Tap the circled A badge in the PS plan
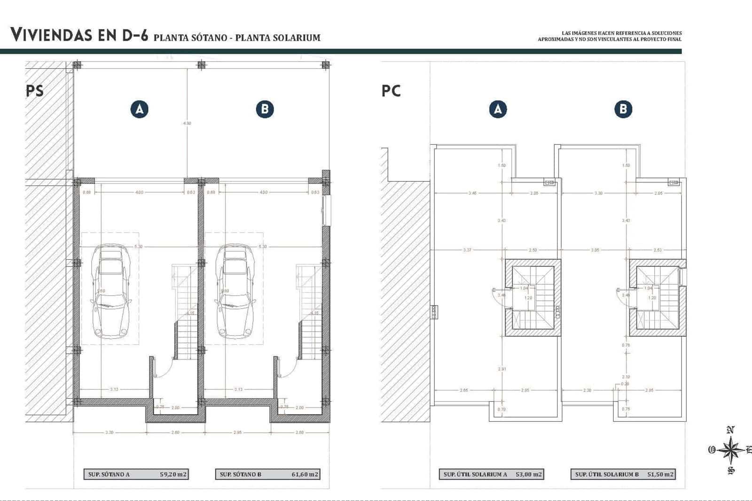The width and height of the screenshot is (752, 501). pos(139,110)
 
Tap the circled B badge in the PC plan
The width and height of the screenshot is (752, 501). pos(623,110)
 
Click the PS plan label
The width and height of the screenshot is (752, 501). pos(35,90)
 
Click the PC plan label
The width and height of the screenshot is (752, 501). pos(391,90)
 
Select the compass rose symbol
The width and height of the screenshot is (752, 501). pos(730,450)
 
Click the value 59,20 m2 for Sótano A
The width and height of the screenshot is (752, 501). pos(173,474)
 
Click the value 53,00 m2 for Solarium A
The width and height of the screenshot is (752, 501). pos(528,474)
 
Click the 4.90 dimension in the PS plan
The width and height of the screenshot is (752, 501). pos(187,123)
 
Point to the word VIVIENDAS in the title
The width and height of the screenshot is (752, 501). pos(50,35)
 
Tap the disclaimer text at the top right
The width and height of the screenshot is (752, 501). pos(610,36)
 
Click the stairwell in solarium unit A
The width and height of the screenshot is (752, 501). pos(533,298)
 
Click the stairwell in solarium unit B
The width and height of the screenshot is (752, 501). pos(657,298)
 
